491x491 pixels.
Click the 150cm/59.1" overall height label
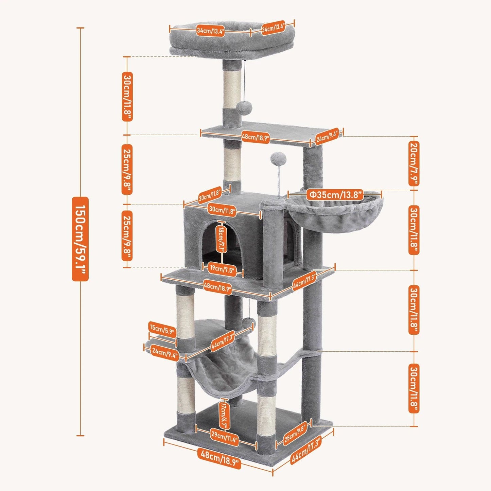click(80, 239)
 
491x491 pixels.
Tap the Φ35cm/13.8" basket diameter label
click(335, 195)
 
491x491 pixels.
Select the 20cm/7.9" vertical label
click(414, 163)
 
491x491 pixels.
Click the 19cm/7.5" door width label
click(222, 268)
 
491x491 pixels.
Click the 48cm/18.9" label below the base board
click(219, 455)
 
